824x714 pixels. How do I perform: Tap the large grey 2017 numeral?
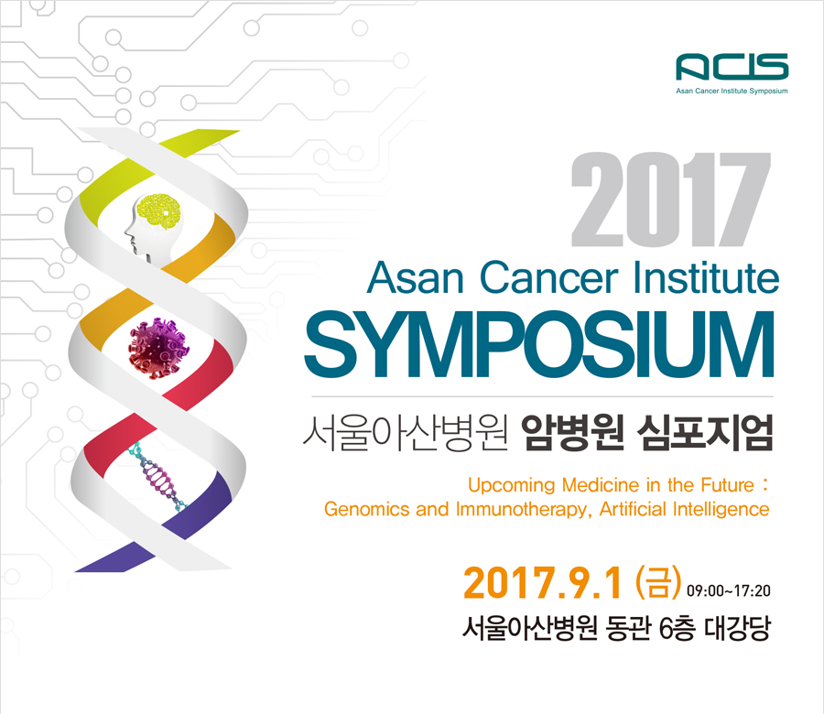pos(671,200)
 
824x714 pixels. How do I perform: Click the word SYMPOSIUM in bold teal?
pos(539,344)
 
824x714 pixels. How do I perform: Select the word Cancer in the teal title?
pos(548,277)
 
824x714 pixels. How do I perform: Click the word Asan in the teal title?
pos(415,277)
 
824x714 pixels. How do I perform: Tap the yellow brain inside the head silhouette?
pos(158,211)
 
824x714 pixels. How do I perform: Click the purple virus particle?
pos(158,347)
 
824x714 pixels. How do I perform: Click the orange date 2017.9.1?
pos(543,583)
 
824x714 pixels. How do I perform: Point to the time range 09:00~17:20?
pos(729,591)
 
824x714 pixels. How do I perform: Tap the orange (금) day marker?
pos(658,582)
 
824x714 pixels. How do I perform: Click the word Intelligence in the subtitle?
pos(721,509)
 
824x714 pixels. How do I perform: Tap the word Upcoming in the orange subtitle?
pos(511,485)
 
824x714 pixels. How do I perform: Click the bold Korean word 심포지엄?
pos(705,433)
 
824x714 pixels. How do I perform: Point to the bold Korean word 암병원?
pos(573,433)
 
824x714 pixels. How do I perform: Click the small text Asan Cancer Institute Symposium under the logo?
pos(732,91)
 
